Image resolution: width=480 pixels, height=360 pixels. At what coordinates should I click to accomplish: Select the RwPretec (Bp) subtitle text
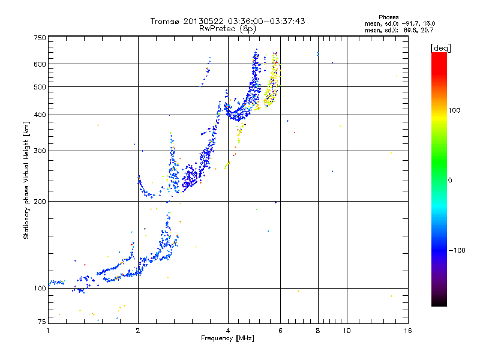coord(227,28)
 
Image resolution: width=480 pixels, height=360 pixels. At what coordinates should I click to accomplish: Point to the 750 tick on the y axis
coord(40,38)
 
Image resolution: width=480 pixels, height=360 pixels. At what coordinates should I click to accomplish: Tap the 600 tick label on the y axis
coord(40,64)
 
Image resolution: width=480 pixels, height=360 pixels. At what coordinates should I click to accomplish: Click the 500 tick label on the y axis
coord(40,86)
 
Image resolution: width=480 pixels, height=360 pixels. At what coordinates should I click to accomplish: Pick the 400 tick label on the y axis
coord(40,115)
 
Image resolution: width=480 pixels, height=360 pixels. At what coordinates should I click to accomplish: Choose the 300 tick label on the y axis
coord(40,151)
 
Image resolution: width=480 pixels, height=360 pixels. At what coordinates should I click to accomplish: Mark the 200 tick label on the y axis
coord(40,201)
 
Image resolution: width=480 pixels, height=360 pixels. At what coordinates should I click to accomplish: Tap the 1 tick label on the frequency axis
coord(49,330)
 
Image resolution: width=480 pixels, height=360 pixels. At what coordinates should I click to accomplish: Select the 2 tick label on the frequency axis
coord(138,330)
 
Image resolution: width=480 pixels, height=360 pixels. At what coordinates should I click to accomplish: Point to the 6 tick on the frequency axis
coord(280,330)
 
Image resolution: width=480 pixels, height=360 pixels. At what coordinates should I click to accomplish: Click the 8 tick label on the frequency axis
coord(317,330)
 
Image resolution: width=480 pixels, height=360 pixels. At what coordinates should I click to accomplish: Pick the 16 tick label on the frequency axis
coord(407,330)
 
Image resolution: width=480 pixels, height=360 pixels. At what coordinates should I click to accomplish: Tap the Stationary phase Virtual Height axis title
coord(26,180)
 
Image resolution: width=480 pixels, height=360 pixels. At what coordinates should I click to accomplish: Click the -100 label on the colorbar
coord(458,250)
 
